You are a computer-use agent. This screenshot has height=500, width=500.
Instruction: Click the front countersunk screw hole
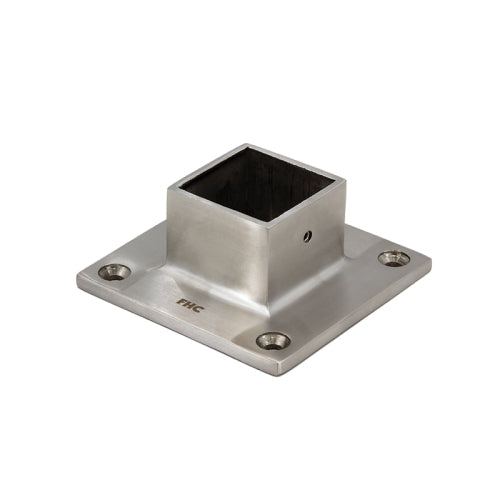click(x=272, y=341)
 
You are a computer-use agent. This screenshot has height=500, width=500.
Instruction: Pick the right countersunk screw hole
click(x=393, y=258)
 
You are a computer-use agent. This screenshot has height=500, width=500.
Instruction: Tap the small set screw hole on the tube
click(x=308, y=236)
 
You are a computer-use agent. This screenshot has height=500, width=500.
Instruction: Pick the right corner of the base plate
click(x=431, y=262)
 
